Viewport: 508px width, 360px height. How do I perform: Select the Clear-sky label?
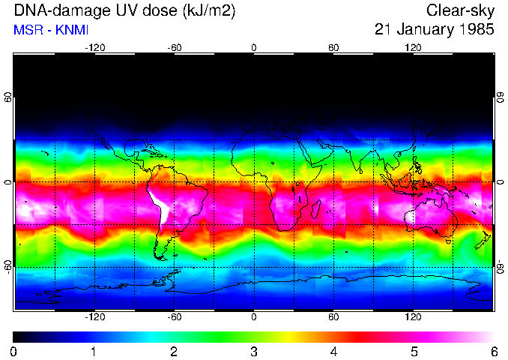click(461, 10)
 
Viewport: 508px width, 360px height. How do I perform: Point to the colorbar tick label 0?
click(14, 351)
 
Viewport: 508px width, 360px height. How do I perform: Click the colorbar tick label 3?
click(253, 351)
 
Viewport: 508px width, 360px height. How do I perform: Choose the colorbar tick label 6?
click(492, 351)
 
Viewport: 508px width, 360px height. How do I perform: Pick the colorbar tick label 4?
click(333, 351)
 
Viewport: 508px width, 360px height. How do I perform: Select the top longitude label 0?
click(253, 47)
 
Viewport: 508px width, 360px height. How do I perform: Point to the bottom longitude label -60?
click(174, 317)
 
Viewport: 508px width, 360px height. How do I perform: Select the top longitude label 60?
click(333, 47)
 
